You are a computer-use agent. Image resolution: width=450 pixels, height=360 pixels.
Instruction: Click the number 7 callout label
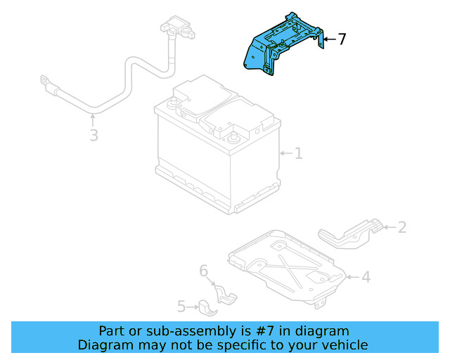click(x=342, y=39)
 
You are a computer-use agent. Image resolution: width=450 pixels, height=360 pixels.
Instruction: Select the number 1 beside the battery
click(x=298, y=153)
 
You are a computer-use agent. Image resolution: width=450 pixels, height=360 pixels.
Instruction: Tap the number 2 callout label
click(x=401, y=226)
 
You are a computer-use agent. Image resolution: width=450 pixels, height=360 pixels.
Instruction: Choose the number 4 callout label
click(x=366, y=277)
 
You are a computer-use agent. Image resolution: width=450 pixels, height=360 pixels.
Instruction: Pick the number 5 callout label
click(x=181, y=307)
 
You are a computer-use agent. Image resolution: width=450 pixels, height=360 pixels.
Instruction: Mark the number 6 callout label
click(x=204, y=271)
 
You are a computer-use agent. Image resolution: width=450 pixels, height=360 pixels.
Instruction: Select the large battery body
click(x=211, y=155)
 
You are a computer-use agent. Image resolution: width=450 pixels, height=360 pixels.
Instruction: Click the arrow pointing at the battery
click(x=284, y=153)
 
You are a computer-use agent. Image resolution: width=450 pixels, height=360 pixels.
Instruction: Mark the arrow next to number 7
click(x=329, y=40)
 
